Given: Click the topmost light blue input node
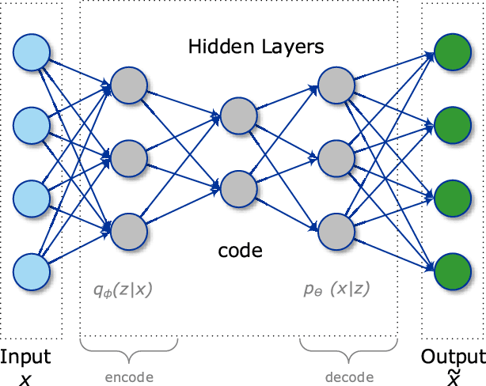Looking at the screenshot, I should click(32, 52).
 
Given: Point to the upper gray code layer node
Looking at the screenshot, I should click(239, 115).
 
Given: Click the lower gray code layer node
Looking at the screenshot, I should click(239, 188).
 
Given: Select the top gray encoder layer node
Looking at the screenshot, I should click(129, 85).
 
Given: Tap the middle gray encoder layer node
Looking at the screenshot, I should click(129, 157).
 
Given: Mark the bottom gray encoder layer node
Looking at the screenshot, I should click(129, 230).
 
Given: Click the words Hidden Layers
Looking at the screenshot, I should click(256, 47).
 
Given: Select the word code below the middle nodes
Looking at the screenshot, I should click(240, 252).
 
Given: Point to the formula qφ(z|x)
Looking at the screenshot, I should click(123, 290).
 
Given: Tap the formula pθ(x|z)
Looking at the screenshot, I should click(337, 290).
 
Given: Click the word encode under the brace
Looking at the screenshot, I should click(128, 377).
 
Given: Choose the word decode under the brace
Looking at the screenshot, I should click(349, 377).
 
